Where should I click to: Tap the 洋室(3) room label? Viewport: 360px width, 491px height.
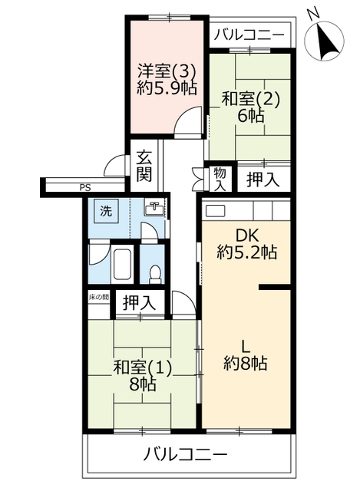[167, 72]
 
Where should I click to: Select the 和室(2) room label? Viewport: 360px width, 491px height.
[250, 100]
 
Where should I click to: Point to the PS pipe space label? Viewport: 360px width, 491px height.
[85, 188]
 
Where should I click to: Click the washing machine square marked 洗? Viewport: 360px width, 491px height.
[106, 212]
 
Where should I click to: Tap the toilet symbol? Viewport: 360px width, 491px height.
[155, 274]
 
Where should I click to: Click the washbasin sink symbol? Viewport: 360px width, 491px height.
[154, 208]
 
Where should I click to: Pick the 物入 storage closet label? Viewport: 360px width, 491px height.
[220, 179]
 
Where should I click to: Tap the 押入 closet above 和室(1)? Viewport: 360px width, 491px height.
[139, 303]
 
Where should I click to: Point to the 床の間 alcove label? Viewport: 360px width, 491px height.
[98, 297]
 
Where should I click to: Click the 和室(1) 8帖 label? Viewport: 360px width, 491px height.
[143, 376]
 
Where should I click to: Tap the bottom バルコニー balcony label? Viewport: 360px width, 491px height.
[185, 454]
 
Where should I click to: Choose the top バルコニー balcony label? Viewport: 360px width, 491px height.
[249, 34]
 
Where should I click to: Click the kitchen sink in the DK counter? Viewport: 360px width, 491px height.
[215, 211]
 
